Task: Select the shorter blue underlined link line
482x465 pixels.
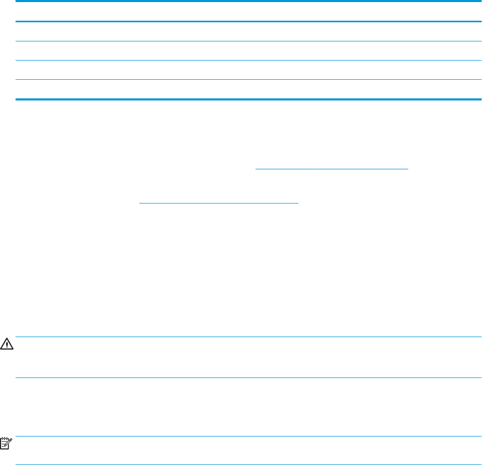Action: (219, 202)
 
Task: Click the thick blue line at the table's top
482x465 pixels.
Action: (248, 2)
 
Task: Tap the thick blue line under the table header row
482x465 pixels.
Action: (248, 21)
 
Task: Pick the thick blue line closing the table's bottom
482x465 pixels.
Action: (248, 99)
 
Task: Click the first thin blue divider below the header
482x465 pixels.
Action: (248, 41)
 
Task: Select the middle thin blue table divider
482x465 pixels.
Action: (248, 60)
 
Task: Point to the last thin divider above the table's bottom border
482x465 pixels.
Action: (248, 79)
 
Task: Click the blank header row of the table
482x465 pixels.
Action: (248, 12)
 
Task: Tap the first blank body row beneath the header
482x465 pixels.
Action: (248, 31)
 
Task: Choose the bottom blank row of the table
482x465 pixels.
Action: (248, 89)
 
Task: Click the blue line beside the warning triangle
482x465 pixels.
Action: (248, 338)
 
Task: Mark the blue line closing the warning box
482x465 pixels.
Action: (248, 378)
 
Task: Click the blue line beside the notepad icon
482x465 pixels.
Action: (248, 437)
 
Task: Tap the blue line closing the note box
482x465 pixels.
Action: (248, 464)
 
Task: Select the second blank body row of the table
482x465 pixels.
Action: (248, 51)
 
